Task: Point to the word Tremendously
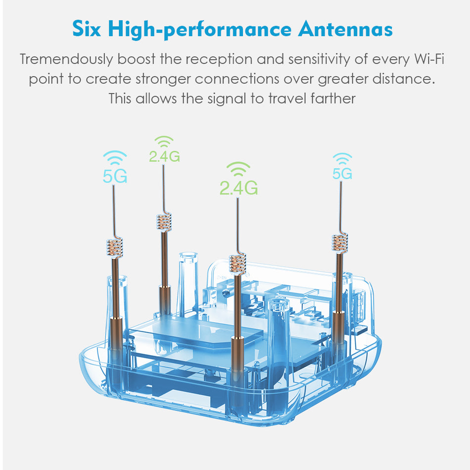tap(66, 60)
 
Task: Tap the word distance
tap(409, 79)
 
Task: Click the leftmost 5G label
tap(115, 176)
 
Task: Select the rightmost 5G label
tap(342, 173)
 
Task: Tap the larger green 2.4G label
tap(238, 188)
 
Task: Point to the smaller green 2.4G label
tap(164, 156)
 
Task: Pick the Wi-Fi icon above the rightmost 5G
tap(342, 158)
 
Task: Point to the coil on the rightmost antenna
tap(340, 244)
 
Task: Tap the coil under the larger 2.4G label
tap(237, 264)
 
